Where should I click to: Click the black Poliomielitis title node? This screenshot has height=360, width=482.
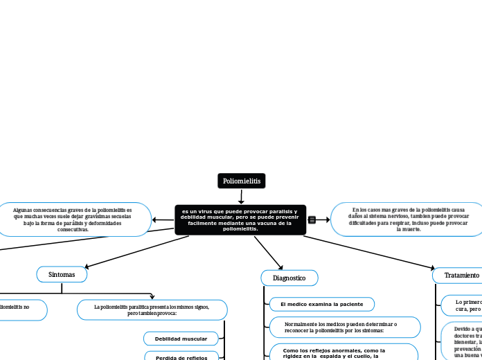click(241, 181)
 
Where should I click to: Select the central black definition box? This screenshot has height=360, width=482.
click(240, 219)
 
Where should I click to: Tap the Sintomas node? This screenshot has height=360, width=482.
click(62, 275)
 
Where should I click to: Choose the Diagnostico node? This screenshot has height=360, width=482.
click(289, 278)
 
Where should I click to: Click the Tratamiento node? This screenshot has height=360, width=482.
click(457, 275)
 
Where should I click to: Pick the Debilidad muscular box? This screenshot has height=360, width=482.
click(181, 339)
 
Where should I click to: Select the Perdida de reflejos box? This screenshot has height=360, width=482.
click(181, 356)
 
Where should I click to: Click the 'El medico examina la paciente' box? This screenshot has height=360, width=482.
click(322, 305)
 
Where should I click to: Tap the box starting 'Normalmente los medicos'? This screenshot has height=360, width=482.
click(345, 327)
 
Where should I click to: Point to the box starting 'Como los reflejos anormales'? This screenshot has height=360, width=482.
click(343, 352)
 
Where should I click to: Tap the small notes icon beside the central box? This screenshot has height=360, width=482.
click(312, 219)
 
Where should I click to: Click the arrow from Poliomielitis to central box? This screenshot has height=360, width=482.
click(241, 197)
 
